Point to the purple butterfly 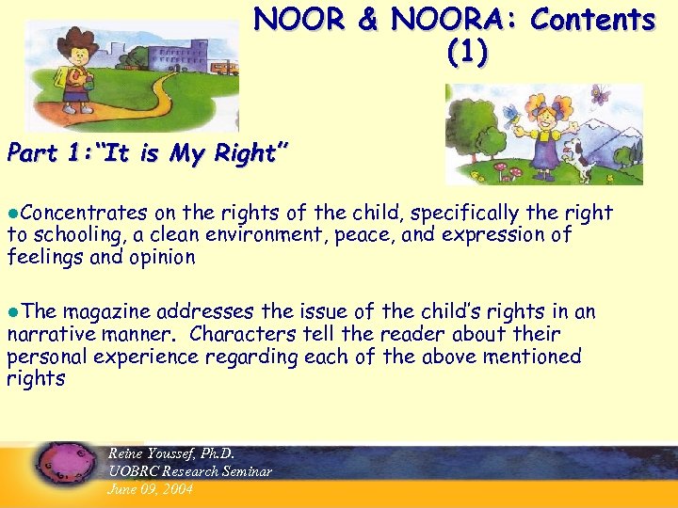[x=601, y=93]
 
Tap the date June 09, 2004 [x=151, y=488]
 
